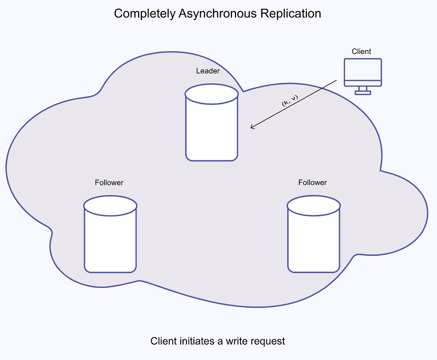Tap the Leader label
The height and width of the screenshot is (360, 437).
click(x=208, y=71)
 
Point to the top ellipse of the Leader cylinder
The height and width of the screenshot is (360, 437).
click(x=212, y=94)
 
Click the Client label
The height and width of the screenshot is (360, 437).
click(x=361, y=51)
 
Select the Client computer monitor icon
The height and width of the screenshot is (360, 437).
click(x=363, y=73)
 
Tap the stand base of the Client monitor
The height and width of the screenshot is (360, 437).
click(x=363, y=93)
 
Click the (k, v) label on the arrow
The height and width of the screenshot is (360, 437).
click(x=290, y=100)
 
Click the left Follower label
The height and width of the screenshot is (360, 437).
click(x=109, y=182)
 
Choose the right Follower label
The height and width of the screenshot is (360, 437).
click(x=312, y=182)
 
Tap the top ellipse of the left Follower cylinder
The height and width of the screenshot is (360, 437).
click(x=110, y=206)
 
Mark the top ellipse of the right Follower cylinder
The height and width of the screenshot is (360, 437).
click(x=314, y=206)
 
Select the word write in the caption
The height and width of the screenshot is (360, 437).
click(x=233, y=341)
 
